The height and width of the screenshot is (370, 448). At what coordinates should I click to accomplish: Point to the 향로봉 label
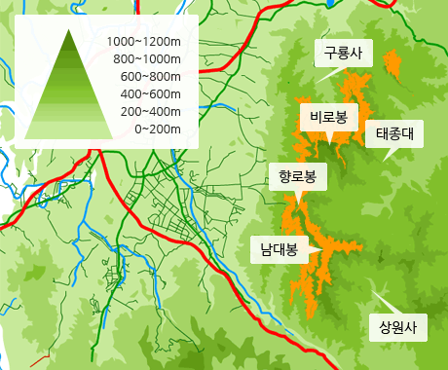click(296, 176)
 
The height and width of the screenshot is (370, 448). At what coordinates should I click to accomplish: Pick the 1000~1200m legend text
click(144, 42)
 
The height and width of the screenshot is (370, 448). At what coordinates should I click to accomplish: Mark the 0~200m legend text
click(156, 128)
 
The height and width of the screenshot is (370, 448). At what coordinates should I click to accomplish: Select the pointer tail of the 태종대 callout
click(384, 157)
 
